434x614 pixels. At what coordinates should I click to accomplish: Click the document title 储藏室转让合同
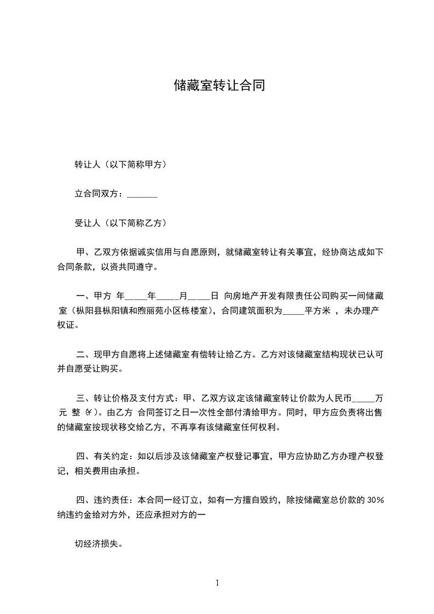pyautogui.click(x=219, y=85)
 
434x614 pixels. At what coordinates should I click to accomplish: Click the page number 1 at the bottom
pyautogui.click(x=217, y=583)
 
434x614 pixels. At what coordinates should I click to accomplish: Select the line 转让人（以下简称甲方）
pyautogui.click(x=120, y=165)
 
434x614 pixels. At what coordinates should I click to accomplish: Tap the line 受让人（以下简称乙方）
pyautogui.click(x=120, y=223)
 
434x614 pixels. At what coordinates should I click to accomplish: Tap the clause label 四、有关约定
pyautogui.click(x=103, y=456)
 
